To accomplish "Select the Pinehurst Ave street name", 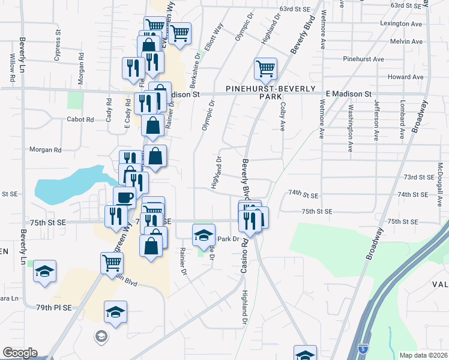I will [x=363, y=59].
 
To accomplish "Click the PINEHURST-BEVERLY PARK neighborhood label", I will [x=270, y=92].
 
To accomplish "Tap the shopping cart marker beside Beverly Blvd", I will [x=265, y=68].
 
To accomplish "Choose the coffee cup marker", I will [x=124, y=197].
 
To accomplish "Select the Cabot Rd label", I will [x=80, y=119].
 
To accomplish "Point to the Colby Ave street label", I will [x=282, y=115].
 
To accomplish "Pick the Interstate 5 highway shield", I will [x=363, y=348].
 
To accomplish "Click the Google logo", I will [x=20, y=353].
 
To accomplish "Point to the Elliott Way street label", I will [x=212, y=38].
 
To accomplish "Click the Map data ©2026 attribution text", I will [x=423, y=355].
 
